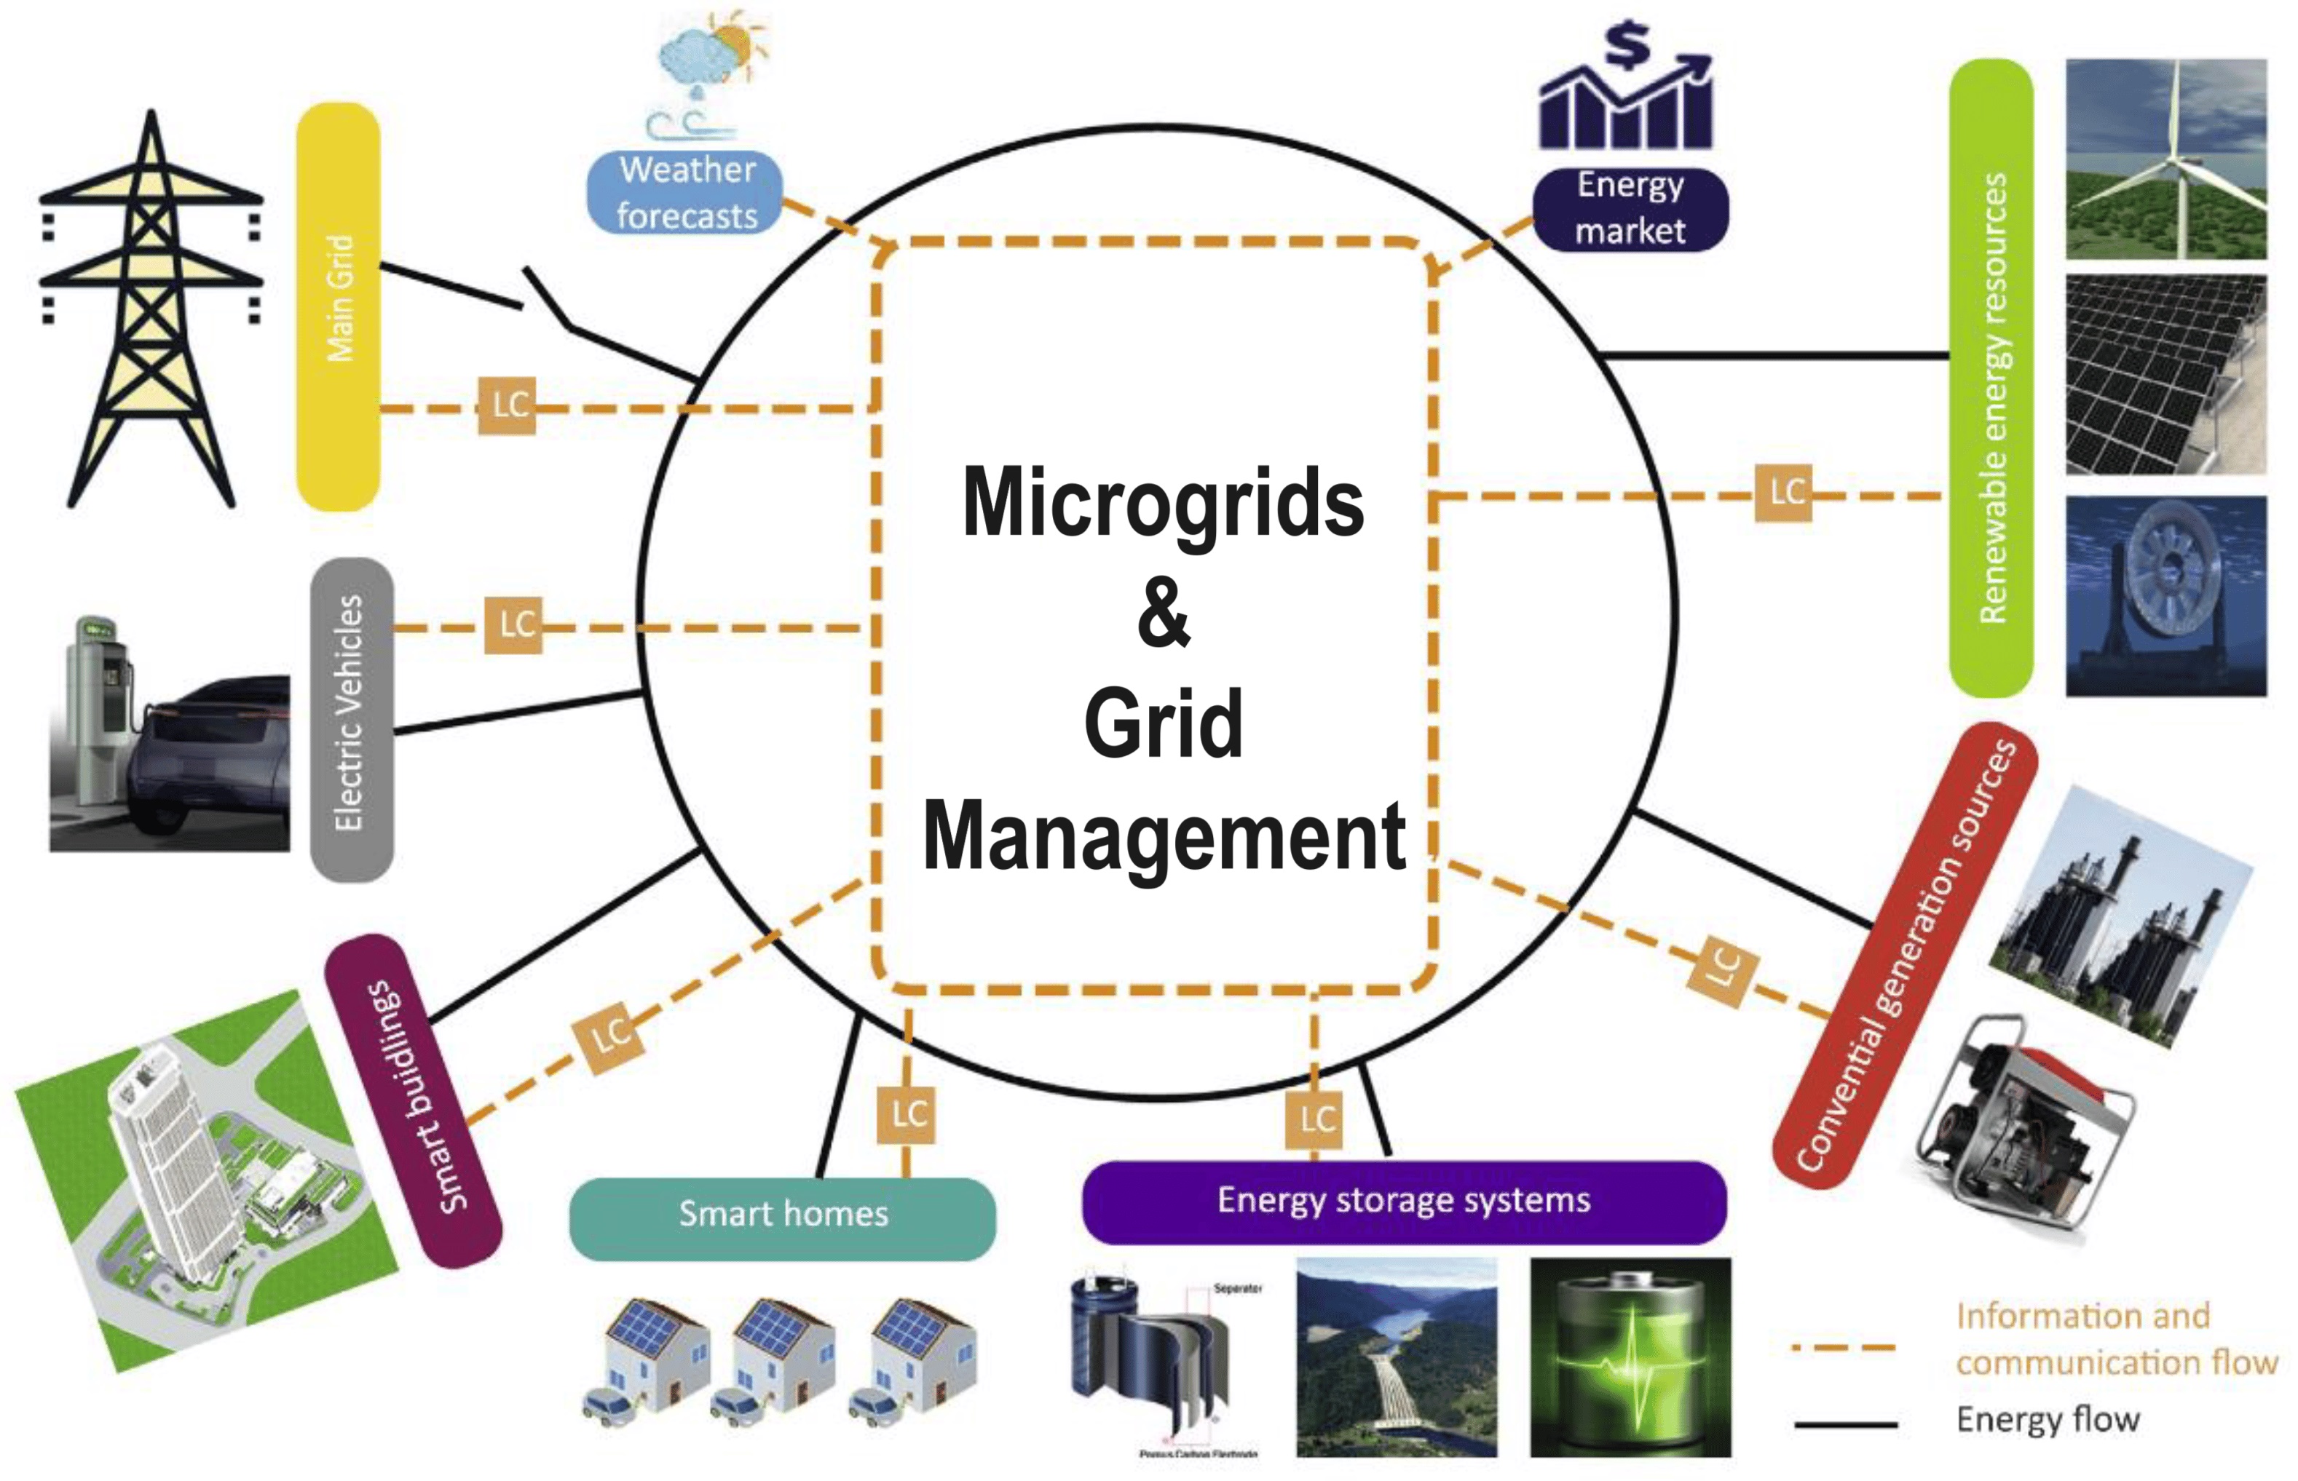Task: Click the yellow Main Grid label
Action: [x=339, y=306]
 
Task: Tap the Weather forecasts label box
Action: [x=686, y=192]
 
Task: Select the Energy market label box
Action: [x=1630, y=209]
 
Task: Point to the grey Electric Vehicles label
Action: [x=351, y=718]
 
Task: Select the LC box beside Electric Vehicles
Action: [x=513, y=626]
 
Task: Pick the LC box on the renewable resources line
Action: [x=1785, y=493]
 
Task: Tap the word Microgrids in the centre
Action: [x=1163, y=503]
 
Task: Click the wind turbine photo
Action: [x=2165, y=159]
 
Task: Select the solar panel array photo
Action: [x=2165, y=375]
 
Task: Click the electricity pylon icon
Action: [x=151, y=308]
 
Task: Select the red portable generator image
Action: [x=2026, y=1120]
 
